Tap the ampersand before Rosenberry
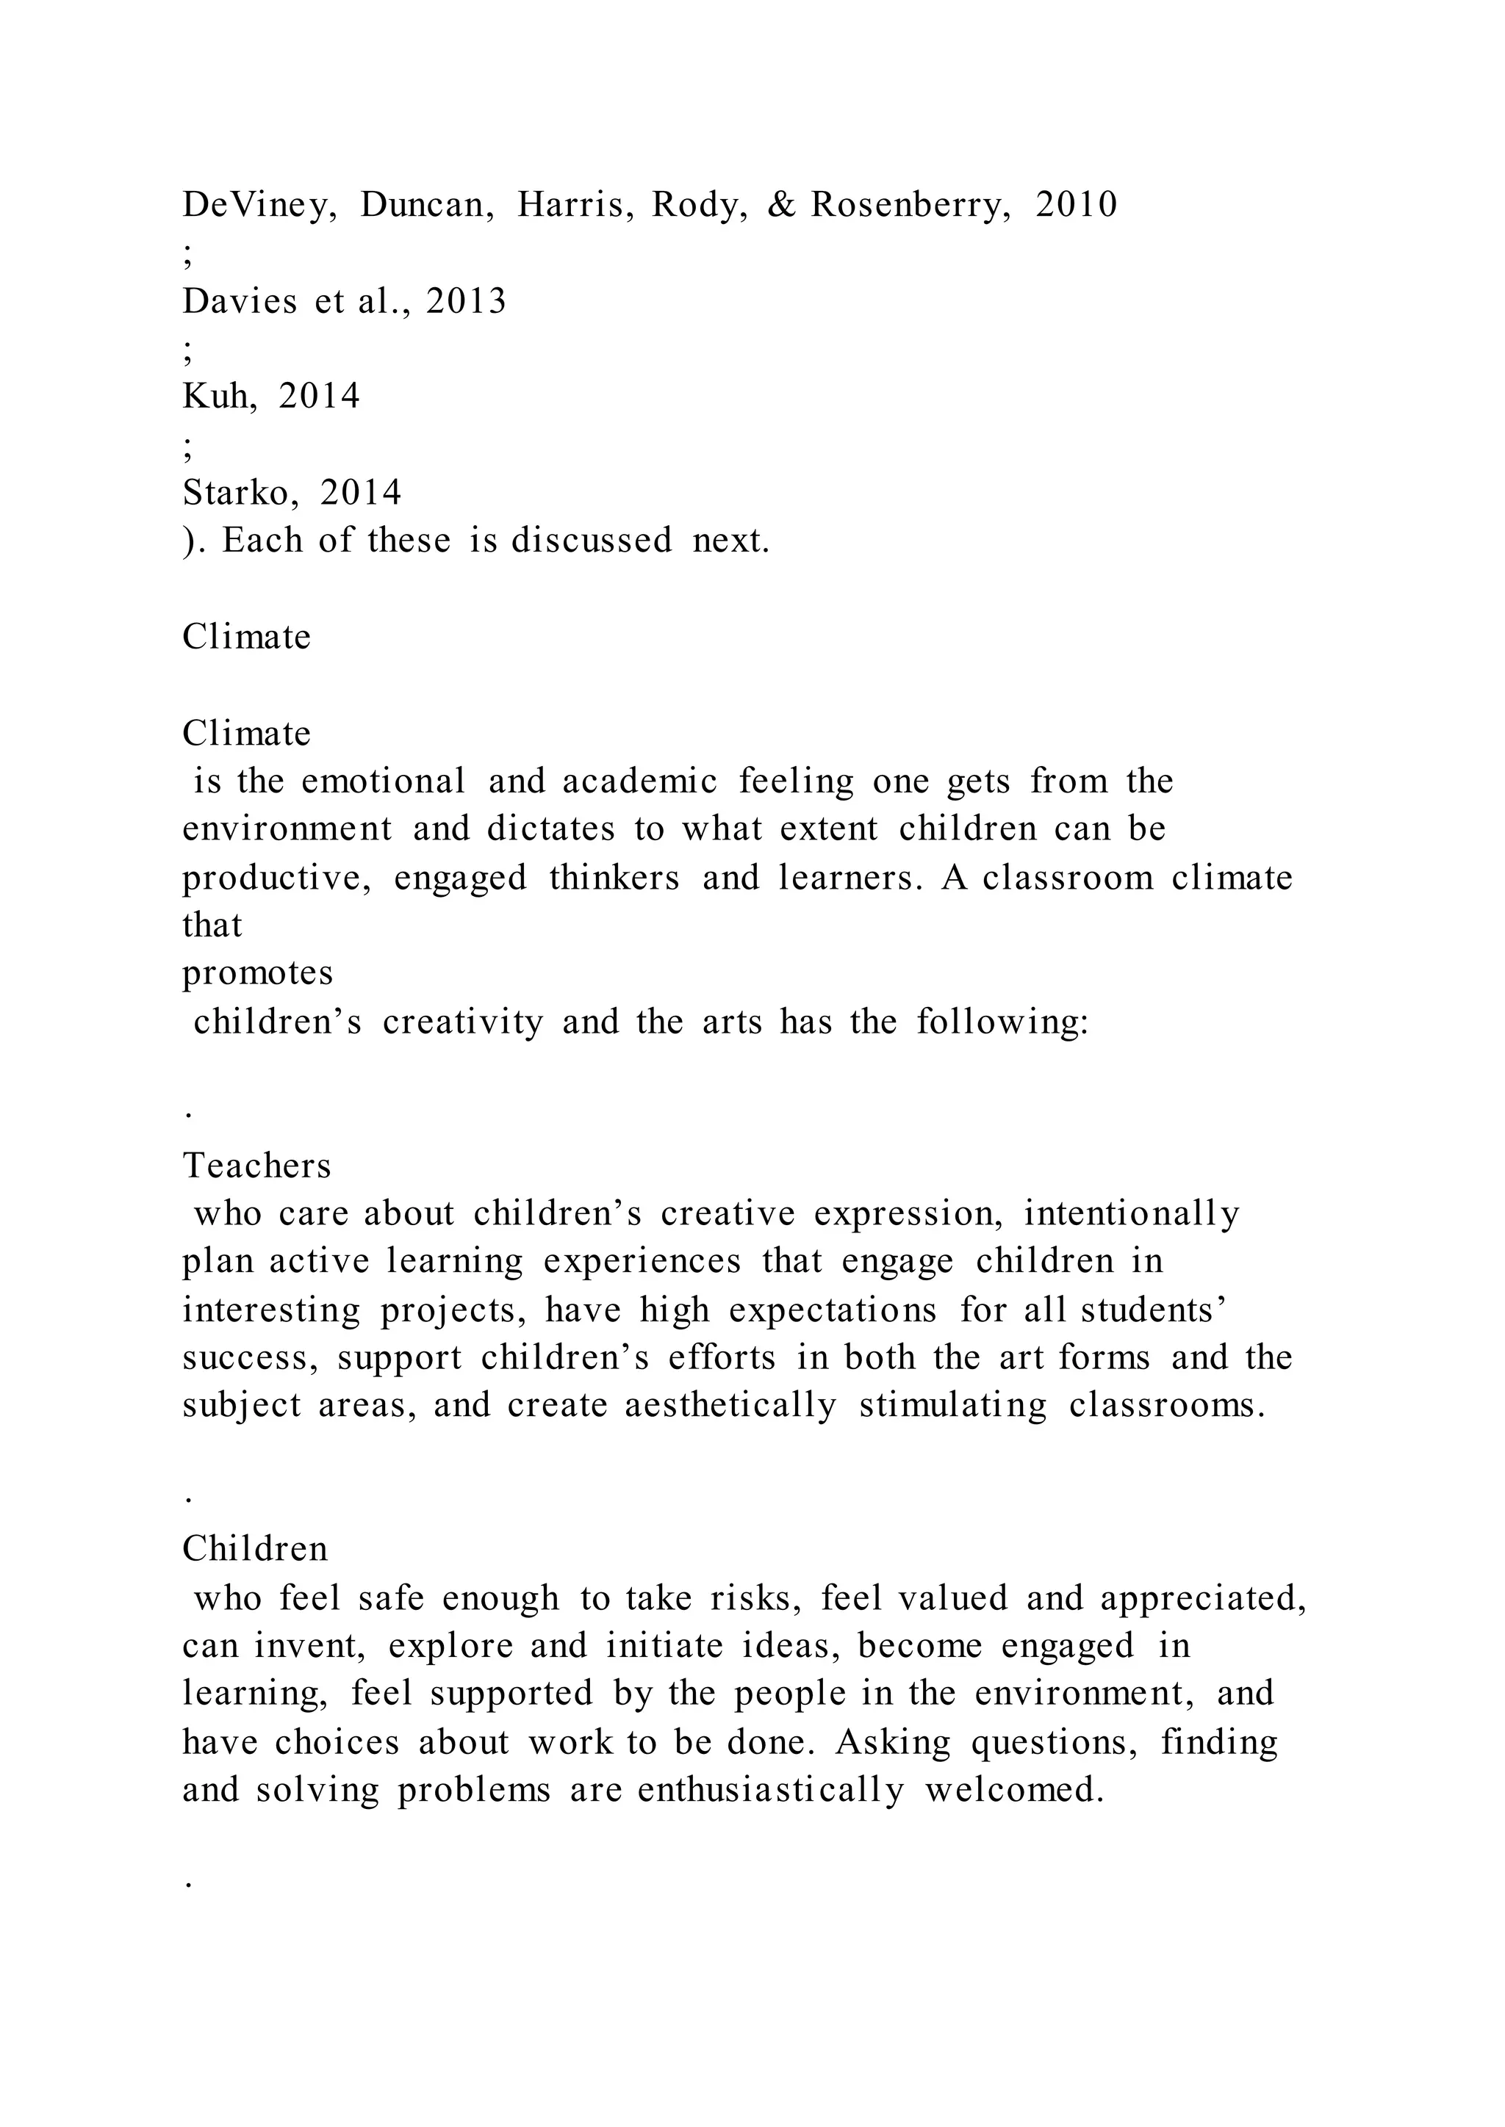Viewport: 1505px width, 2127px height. [781, 205]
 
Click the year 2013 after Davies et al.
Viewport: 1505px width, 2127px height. [466, 301]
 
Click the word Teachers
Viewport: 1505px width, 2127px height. [256, 1166]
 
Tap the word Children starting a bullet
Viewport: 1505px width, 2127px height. [255, 1549]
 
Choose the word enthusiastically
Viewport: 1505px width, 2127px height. [770, 1790]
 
